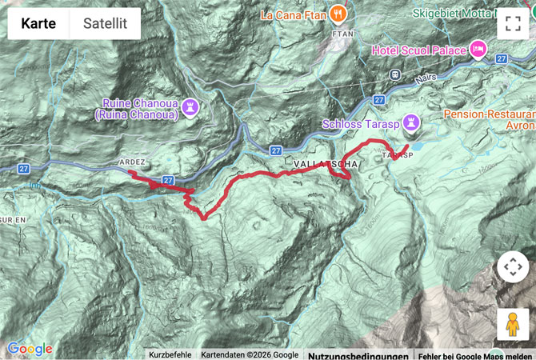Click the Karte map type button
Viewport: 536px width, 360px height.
(x=38, y=24)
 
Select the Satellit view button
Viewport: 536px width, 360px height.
(x=106, y=24)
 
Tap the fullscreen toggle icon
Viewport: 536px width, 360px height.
(x=512, y=24)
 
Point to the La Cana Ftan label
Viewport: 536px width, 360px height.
(x=294, y=14)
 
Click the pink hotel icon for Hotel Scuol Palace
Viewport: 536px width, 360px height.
(x=478, y=50)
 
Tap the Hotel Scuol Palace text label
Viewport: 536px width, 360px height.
(x=418, y=50)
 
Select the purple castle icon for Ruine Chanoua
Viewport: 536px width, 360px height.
(x=190, y=107)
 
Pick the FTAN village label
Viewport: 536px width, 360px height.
(x=342, y=34)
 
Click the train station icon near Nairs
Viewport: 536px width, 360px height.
(x=394, y=74)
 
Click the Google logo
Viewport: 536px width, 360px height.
(x=30, y=349)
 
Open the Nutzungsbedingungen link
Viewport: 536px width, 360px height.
(x=358, y=355)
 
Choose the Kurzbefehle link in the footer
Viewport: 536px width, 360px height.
(x=170, y=355)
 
